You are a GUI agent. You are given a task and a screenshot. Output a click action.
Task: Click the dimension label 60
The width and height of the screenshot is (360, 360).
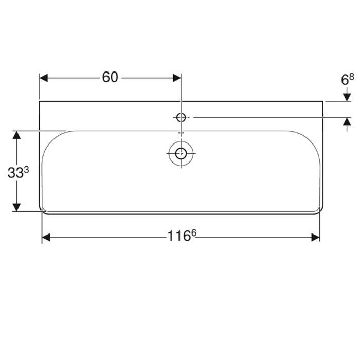110,77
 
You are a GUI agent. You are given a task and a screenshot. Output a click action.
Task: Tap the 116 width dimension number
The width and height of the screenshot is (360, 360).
179,236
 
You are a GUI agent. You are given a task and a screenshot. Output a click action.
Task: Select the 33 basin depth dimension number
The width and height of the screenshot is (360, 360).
15,173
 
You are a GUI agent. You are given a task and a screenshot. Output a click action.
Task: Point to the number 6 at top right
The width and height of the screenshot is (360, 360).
345,80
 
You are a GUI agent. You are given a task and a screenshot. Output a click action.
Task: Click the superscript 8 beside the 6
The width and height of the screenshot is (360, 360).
352,77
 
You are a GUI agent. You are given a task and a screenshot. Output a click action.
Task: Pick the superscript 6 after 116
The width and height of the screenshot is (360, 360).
194,233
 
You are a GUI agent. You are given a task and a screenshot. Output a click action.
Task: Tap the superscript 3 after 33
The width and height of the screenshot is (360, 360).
26,170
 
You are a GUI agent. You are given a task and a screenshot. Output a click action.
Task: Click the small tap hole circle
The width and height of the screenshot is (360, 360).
181,118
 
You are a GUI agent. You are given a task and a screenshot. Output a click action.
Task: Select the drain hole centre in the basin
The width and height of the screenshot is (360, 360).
181,153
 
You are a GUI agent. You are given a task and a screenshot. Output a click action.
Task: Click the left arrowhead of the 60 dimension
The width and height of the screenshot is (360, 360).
44,78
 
